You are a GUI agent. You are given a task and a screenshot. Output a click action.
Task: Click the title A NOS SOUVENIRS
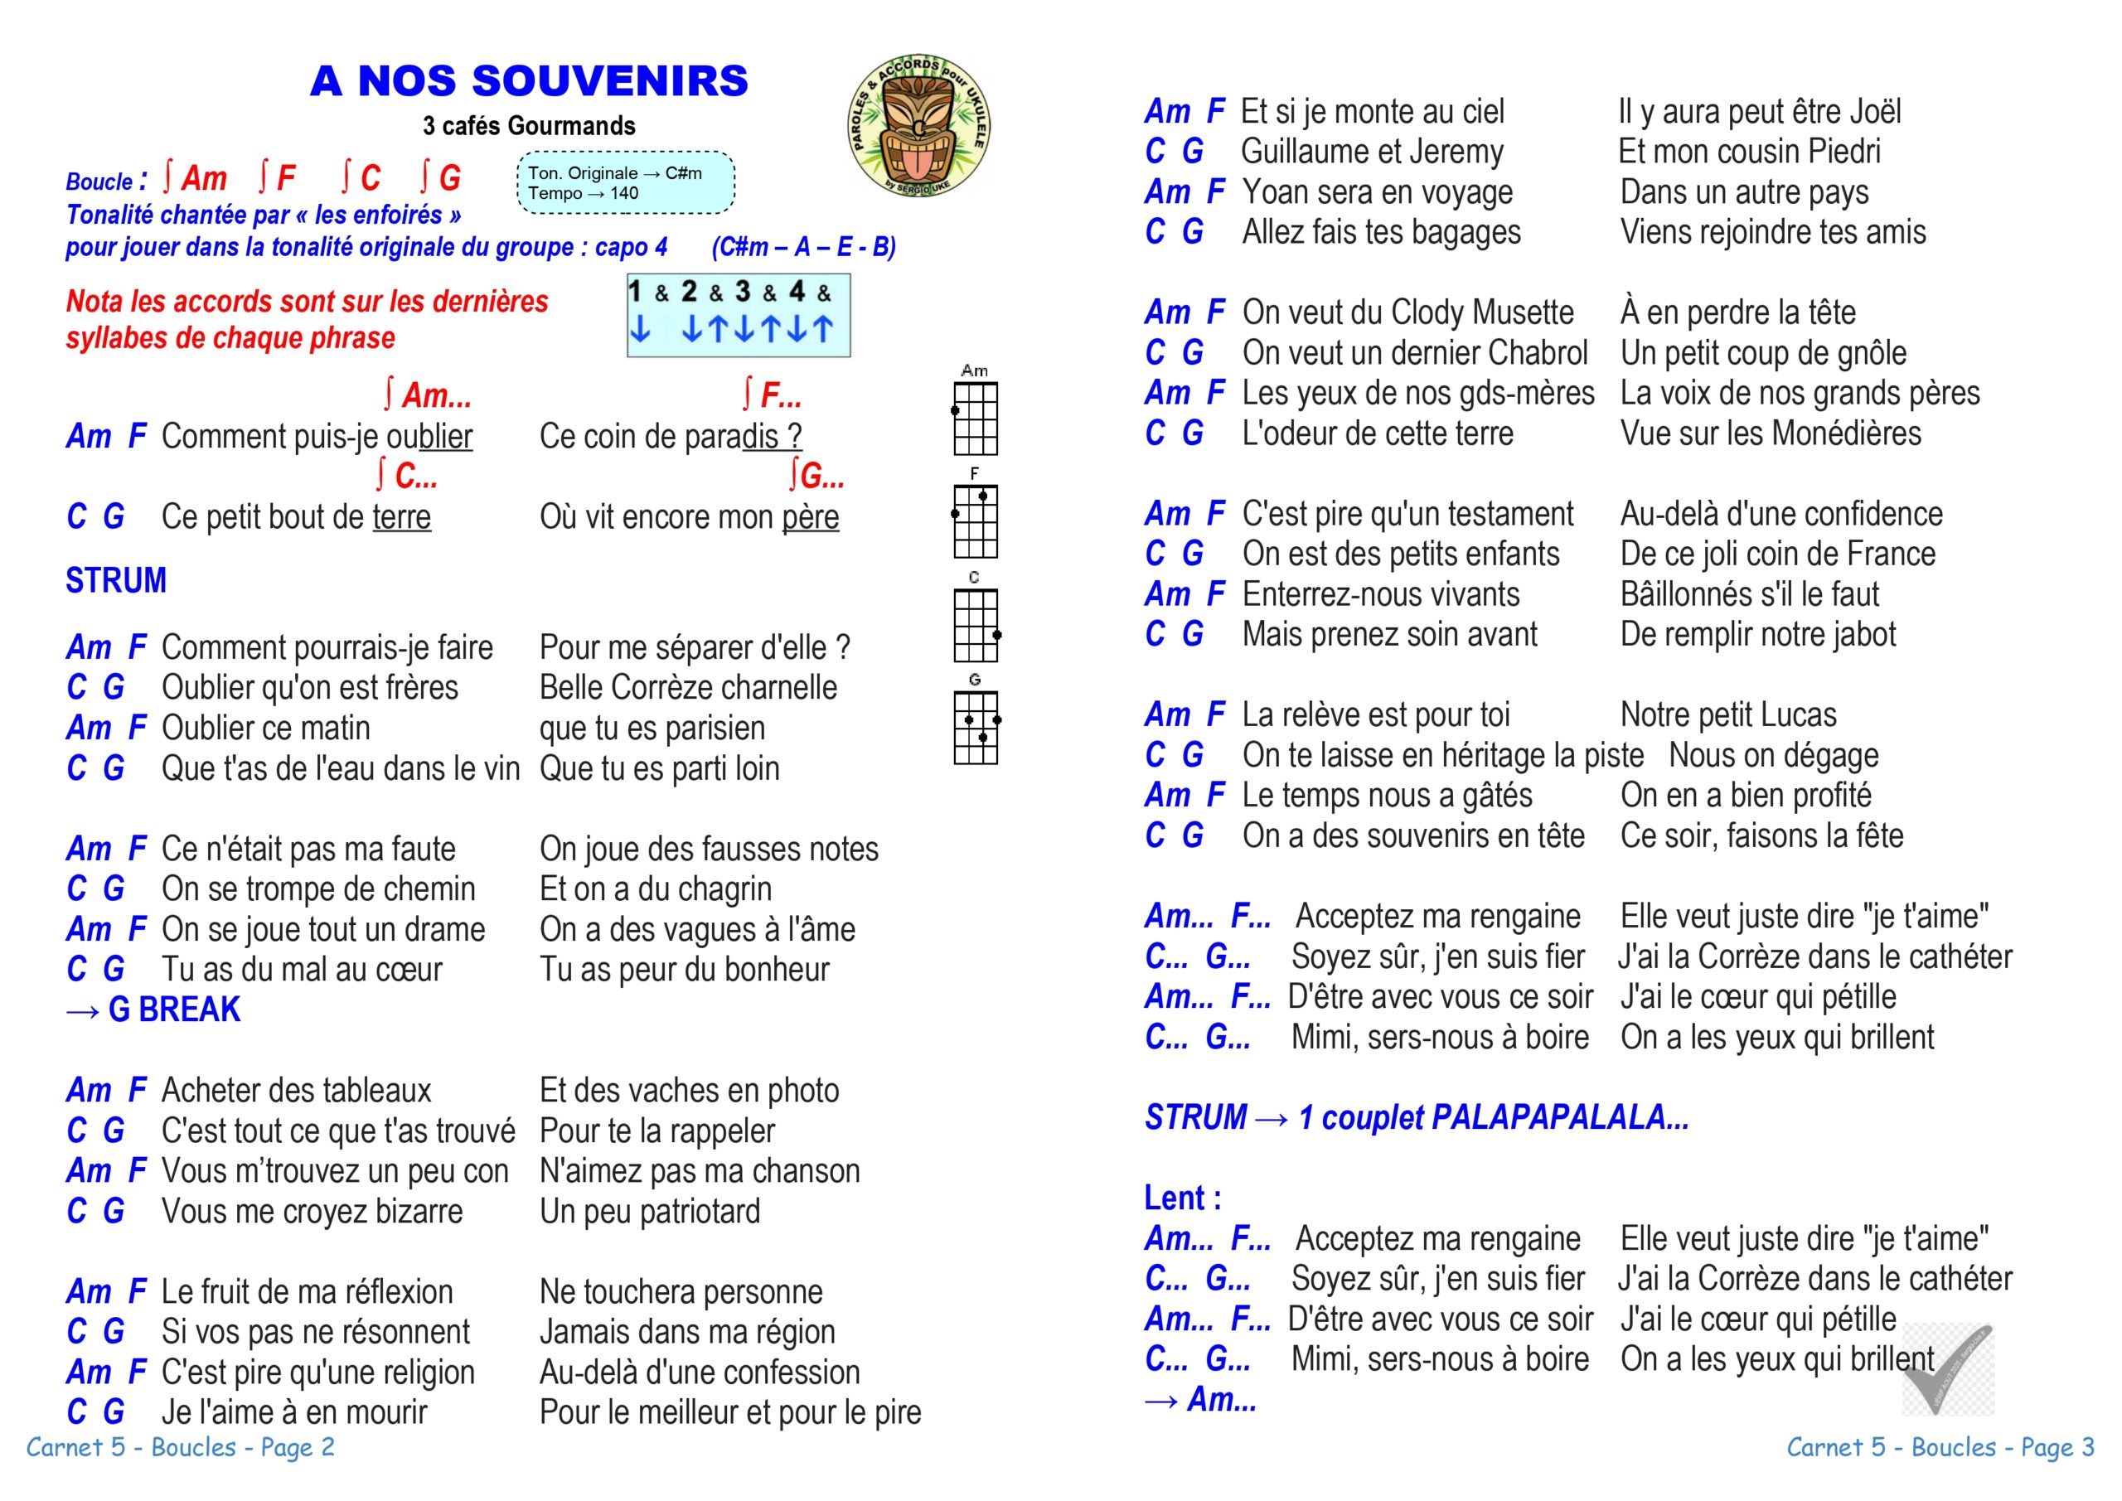[529, 81]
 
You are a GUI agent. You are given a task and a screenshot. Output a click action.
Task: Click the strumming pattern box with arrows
[739, 315]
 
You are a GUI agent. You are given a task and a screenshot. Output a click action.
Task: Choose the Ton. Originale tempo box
[626, 183]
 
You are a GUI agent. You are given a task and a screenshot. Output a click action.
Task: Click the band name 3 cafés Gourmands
[529, 126]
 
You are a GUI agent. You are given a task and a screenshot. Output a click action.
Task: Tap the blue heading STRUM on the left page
[116, 580]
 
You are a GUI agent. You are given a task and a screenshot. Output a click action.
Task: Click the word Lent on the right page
[1175, 1198]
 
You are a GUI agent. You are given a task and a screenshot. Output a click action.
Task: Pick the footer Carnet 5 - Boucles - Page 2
[180, 1447]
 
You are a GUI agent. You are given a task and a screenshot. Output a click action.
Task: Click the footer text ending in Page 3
[1940, 1447]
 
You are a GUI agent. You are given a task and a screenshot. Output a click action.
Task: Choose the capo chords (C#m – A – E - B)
[803, 248]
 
